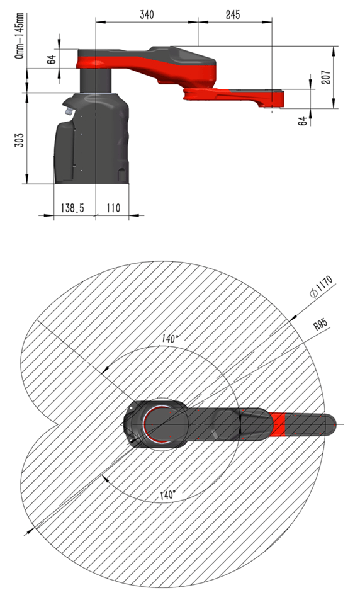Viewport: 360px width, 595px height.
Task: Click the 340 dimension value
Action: pos(147,14)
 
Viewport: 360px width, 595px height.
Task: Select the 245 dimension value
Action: pos(232,14)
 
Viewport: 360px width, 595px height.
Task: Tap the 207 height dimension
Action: pos(326,77)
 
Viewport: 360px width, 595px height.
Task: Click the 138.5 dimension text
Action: pos(72,208)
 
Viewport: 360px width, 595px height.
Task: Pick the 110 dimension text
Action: pos(113,208)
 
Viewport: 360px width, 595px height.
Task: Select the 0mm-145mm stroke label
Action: pos(20,35)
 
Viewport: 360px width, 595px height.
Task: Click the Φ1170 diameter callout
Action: pos(321,286)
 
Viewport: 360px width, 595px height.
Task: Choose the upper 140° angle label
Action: pos(171,337)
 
